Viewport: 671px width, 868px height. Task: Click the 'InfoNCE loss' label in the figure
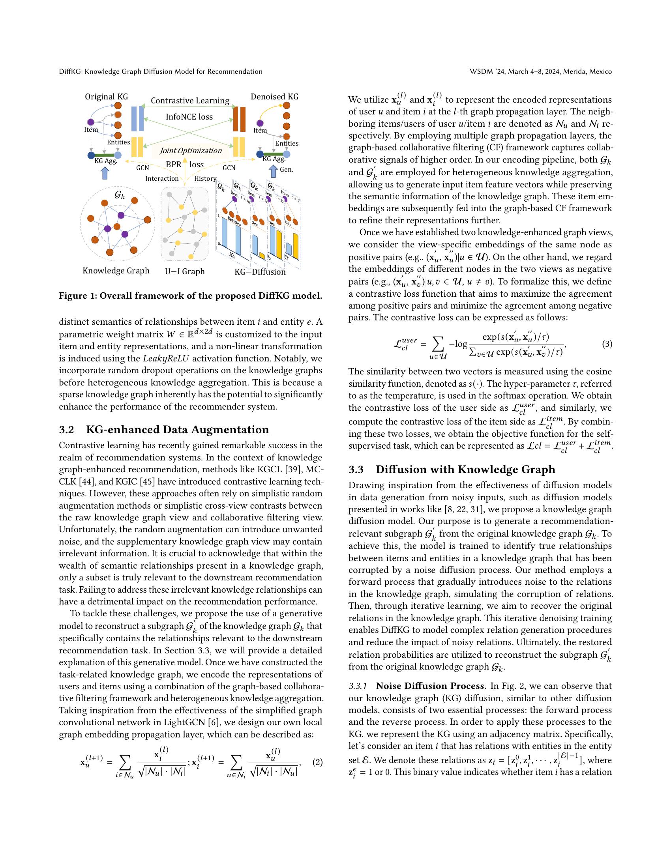point(189,117)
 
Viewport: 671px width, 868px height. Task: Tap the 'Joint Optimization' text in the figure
point(190,151)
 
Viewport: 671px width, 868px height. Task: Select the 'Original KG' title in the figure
point(106,97)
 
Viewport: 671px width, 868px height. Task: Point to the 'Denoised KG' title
point(274,97)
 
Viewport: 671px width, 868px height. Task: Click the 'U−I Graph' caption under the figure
point(184,271)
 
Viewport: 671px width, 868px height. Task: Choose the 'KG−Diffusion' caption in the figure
point(260,272)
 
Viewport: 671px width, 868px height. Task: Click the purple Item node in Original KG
point(91,122)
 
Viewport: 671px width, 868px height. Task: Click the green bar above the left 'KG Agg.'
point(104,155)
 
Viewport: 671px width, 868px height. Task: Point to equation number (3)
point(607,344)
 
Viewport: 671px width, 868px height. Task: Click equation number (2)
point(317,763)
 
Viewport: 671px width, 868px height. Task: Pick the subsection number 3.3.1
point(359,687)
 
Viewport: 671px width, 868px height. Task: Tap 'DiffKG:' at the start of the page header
point(71,71)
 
